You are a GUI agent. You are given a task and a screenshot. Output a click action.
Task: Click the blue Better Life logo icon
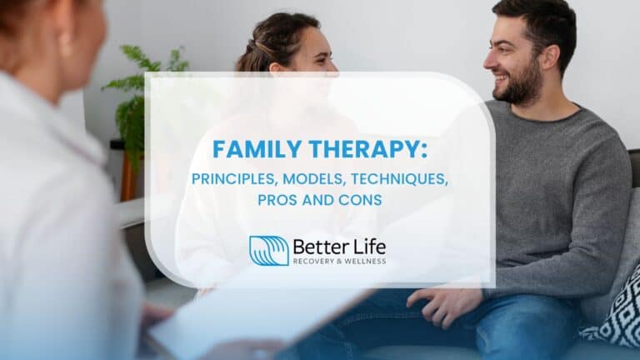(268, 250)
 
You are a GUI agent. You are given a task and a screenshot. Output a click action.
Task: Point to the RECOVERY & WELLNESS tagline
(338, 262)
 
